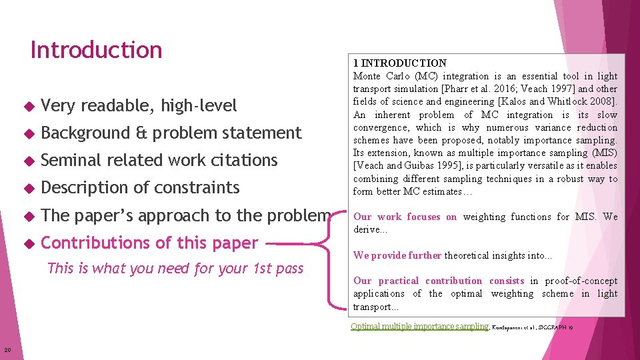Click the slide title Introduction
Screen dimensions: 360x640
(96, 50)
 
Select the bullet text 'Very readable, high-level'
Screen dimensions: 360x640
(139, 105)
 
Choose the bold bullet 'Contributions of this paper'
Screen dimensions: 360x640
(149, 243)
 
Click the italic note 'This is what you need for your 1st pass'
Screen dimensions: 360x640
(175, 269)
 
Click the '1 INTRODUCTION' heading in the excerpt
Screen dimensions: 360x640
(400, 63)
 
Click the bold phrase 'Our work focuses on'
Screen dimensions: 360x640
(405, 217)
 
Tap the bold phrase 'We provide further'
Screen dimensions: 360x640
(397, 255)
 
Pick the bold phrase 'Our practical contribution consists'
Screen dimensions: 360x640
(438, 281)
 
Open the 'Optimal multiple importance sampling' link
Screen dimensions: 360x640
(419, 327)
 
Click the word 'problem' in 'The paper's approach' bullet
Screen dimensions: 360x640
(300, 216)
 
